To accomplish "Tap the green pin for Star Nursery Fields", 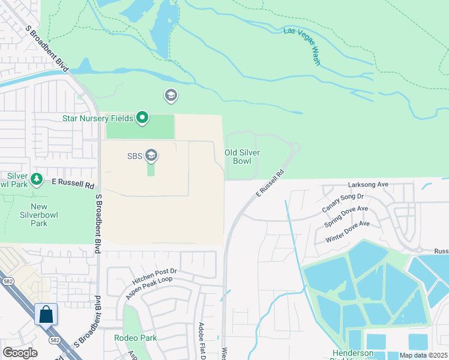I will (x=142, y=118).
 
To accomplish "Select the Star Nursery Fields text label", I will (x=97, y=118).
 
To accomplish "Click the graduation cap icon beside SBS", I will (x=151, y=156).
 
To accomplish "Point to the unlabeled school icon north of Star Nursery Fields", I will (x=171, y=95).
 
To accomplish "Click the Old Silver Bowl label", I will (x=242, y=157).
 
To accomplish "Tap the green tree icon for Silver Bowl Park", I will (x=37, y=179).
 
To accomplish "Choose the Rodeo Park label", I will (x=136, y=338).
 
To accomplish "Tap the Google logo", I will (x=20, y=353).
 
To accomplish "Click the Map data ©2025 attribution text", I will (x=424, y=355).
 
